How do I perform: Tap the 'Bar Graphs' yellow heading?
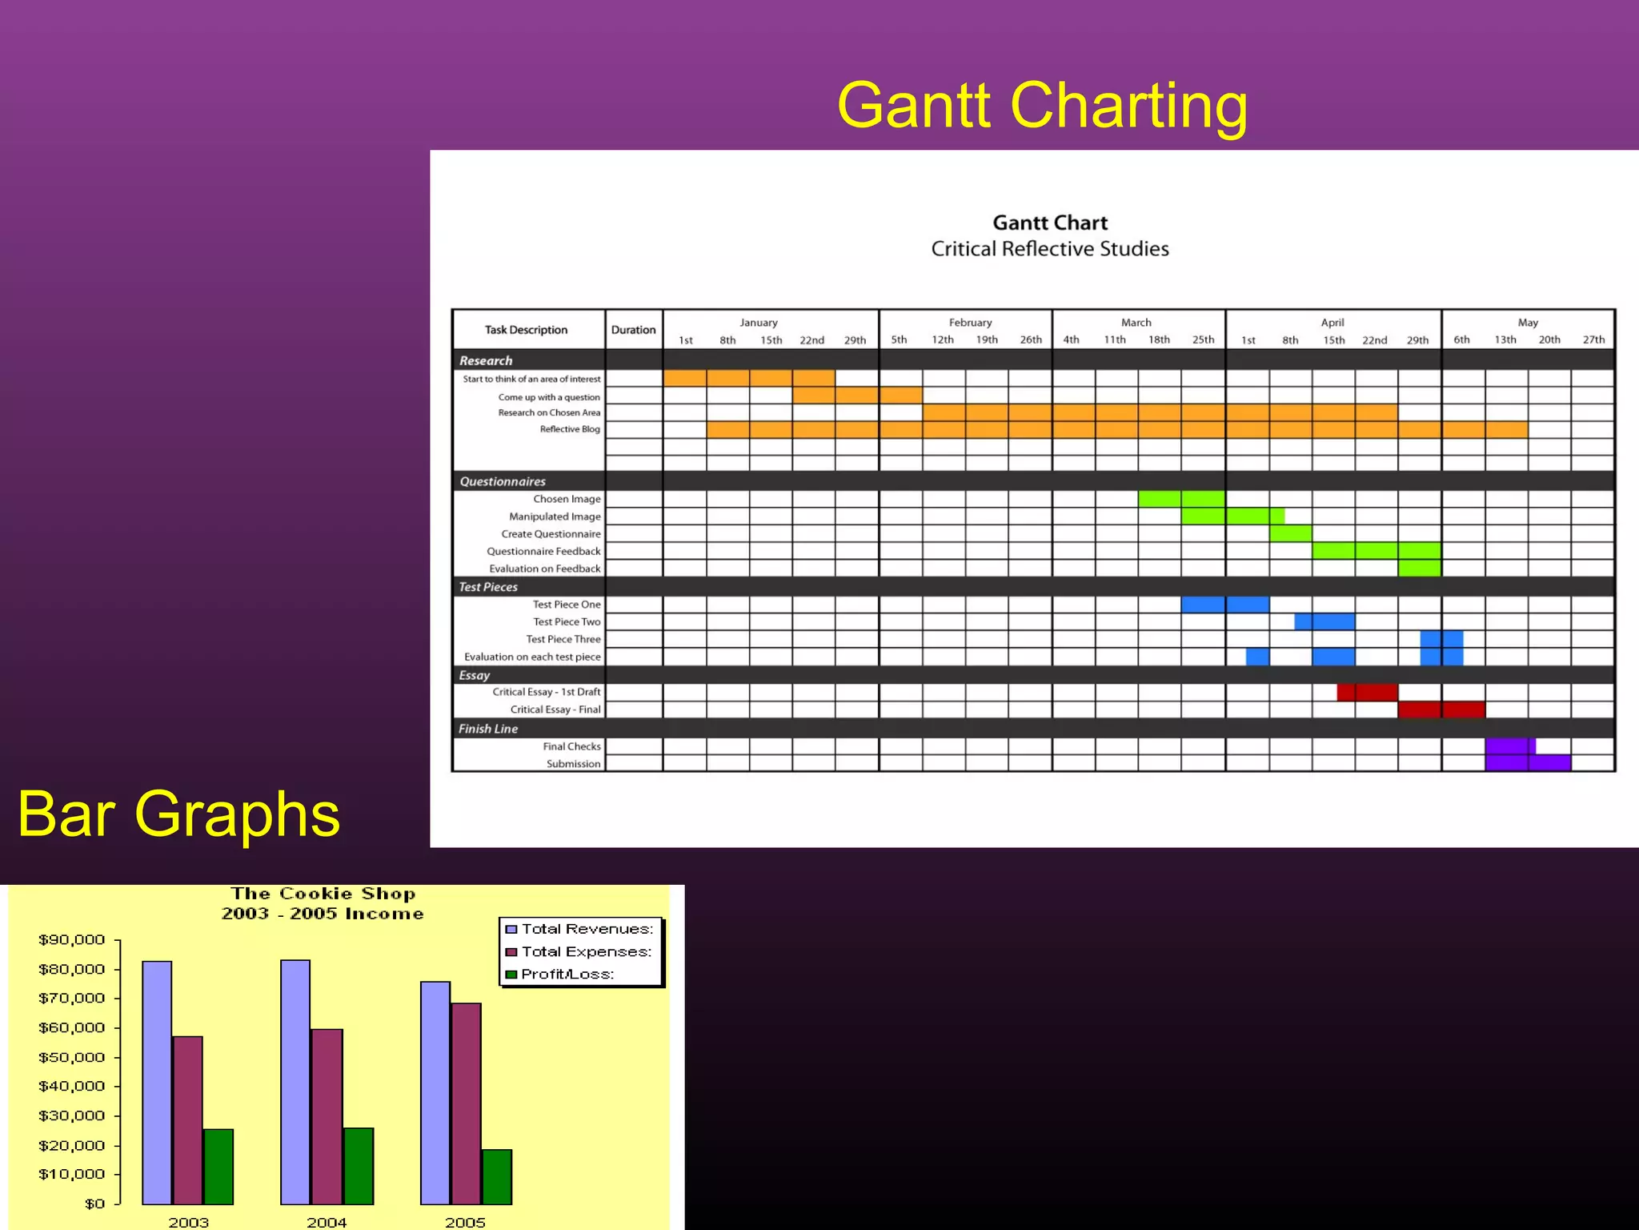point(178,814)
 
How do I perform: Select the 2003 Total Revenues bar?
point(157,1082)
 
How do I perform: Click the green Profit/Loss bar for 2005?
point(497,1176)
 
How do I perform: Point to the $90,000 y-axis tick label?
point(71,939)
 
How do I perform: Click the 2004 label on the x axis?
point(327,1222)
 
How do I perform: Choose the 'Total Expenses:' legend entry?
point(586,951)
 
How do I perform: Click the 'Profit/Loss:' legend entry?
point(567,974)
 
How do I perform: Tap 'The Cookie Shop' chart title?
point(323,894)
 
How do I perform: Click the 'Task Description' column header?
point(526,330)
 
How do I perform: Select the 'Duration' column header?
point(633,330)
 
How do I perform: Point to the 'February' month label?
point(970,323)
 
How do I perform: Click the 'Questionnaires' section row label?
point(503,481)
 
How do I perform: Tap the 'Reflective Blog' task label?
point(569,429)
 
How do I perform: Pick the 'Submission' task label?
point(573,764)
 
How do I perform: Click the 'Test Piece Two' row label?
point(567,621)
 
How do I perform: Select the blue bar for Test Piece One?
point(1224,605)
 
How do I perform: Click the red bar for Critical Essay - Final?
point(1441,709)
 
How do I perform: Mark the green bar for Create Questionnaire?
point(1290,533)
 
